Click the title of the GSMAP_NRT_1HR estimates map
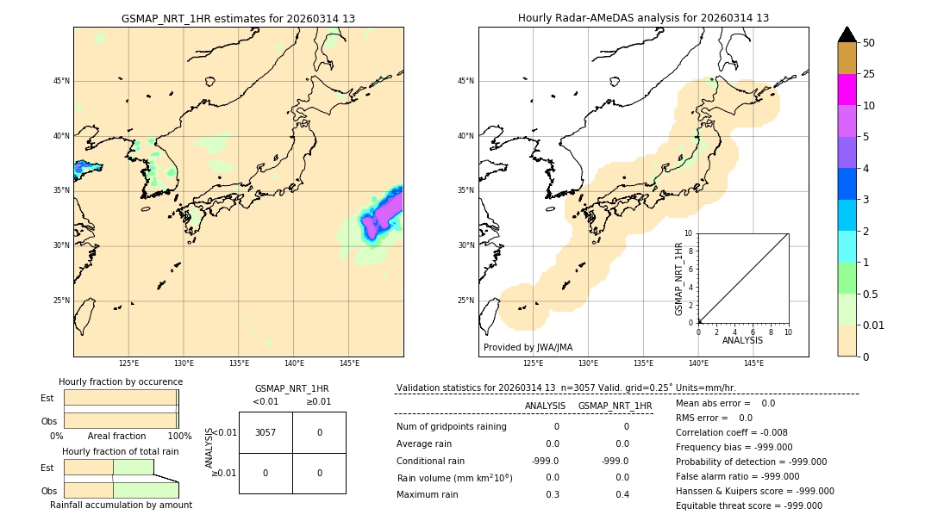[x=238, y=18]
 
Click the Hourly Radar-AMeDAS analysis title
[x=643, y=18]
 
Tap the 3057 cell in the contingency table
[x=266, y=432]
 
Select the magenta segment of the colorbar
[x=847, y=90]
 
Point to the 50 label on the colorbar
[x=869, y=42]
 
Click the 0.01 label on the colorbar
[x=874, y=325]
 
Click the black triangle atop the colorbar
[x=847, y=34]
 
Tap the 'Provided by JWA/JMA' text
[x=528, y=347]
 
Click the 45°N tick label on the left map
[x=61, y=81]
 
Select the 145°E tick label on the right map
[x=753, y=363]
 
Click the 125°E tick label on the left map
[x=128, y=363]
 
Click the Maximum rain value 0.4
[x=622, y=494]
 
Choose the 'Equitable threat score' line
[x=748, y=505]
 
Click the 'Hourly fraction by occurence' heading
[x=121, y=381]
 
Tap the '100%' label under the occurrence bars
[x=179, y=436]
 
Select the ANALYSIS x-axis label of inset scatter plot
[x=742, y=340]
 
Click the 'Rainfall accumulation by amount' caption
[x=121, y=505]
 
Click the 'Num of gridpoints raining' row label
[x=451, y=426]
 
